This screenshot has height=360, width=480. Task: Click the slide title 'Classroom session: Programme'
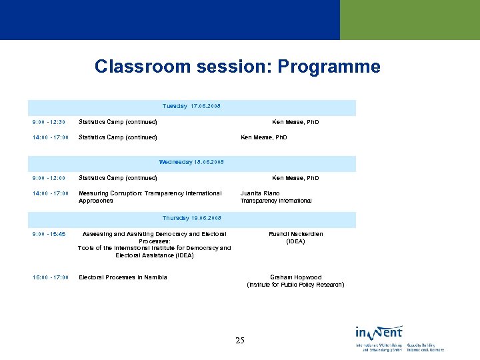click(237, 67)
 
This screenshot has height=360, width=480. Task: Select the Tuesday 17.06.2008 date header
click(191, 107)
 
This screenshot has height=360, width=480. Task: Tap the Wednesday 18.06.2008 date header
click(191, 163)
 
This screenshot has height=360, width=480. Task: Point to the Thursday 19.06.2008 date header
click(191, 219)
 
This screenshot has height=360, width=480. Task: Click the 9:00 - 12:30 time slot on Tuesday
click(49, 123)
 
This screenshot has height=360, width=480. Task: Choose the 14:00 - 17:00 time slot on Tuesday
click(50, 138)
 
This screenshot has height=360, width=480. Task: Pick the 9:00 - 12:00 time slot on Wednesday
click(49, 179)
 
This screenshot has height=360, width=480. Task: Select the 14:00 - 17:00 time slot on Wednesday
click(50, 194)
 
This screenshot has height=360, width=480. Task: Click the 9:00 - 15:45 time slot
click(49, 235)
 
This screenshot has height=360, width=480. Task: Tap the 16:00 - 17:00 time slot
click(50, 278)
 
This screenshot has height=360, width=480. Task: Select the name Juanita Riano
click(255, 194)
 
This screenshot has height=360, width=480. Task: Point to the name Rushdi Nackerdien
click(295, 235)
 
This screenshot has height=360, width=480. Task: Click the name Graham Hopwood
click(295, 278)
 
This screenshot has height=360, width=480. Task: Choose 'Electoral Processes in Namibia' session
click(123, 278)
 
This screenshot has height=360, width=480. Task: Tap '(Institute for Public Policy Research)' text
click(295, 285)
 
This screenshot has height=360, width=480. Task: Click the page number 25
click(240, 341)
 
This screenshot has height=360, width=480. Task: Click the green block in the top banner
click(409, 20)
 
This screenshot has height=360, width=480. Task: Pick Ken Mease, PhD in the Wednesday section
click(295, 179)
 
